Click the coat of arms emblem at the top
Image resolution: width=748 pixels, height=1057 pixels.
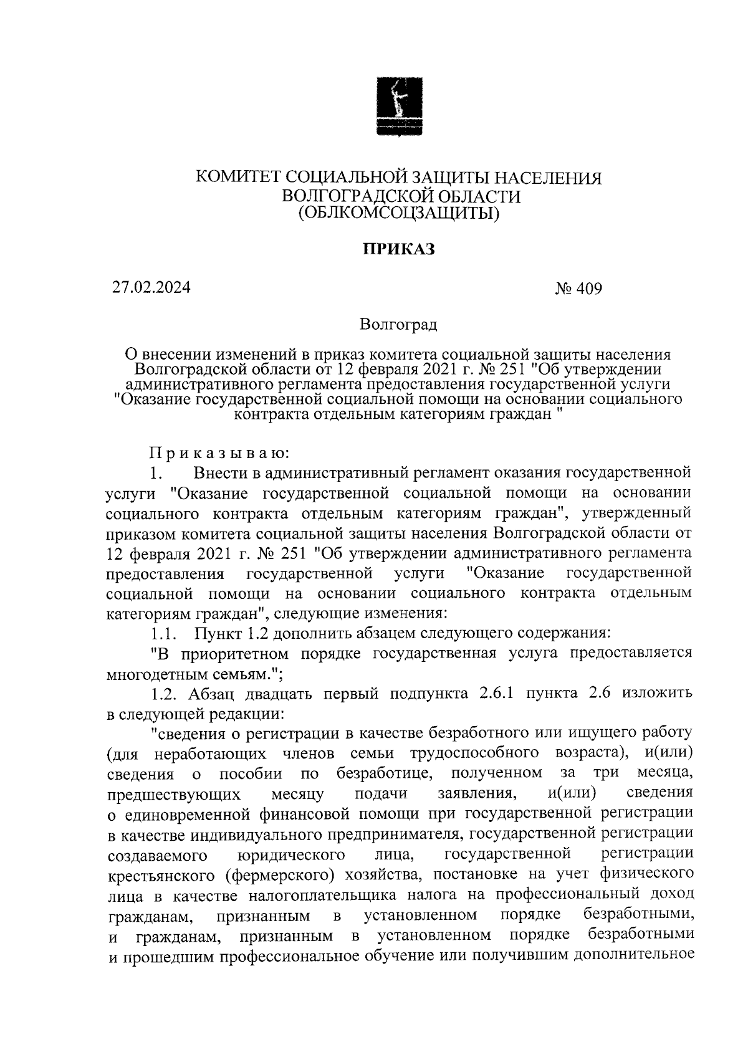[x=399, y=106]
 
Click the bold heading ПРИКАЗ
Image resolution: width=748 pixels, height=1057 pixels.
[x=398, y=249]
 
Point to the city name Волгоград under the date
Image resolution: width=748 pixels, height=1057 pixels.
[x=398, y=325]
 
